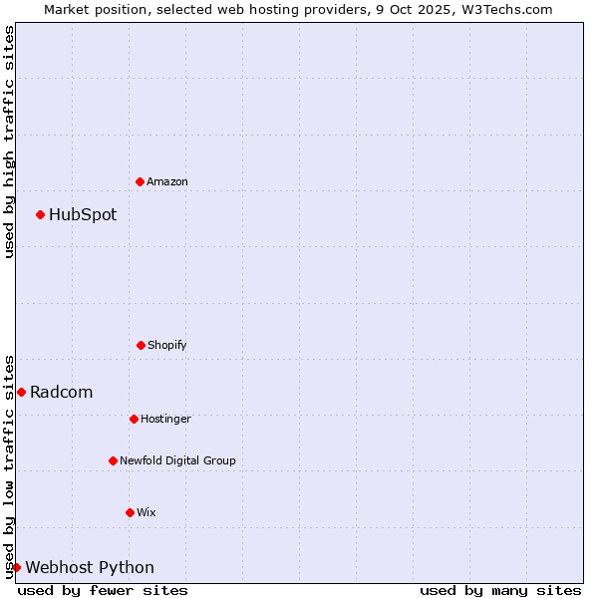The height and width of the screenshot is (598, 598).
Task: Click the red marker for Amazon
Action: tap(140, 181)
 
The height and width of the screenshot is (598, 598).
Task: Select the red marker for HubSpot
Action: tap(40, 214)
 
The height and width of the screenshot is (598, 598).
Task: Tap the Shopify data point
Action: tap(141, 345)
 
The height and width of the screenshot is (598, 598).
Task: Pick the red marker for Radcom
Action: tap(21, 392)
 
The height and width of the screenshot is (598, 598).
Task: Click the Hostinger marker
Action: tap(134, 419)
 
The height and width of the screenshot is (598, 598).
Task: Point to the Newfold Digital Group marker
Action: tap(113, 460)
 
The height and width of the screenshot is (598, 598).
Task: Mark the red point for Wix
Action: tap(130, 512)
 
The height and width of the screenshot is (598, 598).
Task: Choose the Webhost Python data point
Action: tap(16, 567)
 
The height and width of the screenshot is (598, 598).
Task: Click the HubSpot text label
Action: tap(83, 214)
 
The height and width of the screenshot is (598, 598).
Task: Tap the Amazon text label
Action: tap(167, 181)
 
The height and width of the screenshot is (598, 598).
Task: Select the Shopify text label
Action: tap(167, 345)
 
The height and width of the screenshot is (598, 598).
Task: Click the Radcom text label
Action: tap(62, 392)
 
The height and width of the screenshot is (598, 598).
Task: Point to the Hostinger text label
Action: tap(165, 419)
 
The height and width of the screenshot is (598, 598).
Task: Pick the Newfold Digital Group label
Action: tap(177, 460)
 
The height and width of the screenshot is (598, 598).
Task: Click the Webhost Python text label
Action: tap(90, 567)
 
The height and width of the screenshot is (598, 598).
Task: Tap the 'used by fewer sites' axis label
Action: tap(103, 590)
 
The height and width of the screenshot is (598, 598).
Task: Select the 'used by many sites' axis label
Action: tap(500, 590)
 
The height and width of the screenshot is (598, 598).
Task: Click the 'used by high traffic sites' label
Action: tap(9, 142)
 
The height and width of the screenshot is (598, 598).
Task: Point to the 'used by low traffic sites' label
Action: tap(9, 465)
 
